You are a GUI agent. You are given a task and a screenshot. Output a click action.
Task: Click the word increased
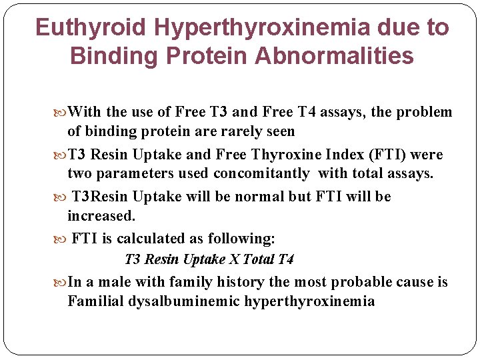101,216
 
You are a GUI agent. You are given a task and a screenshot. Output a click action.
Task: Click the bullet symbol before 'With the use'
61,113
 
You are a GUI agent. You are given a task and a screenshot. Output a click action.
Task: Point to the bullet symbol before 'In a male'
61,283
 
